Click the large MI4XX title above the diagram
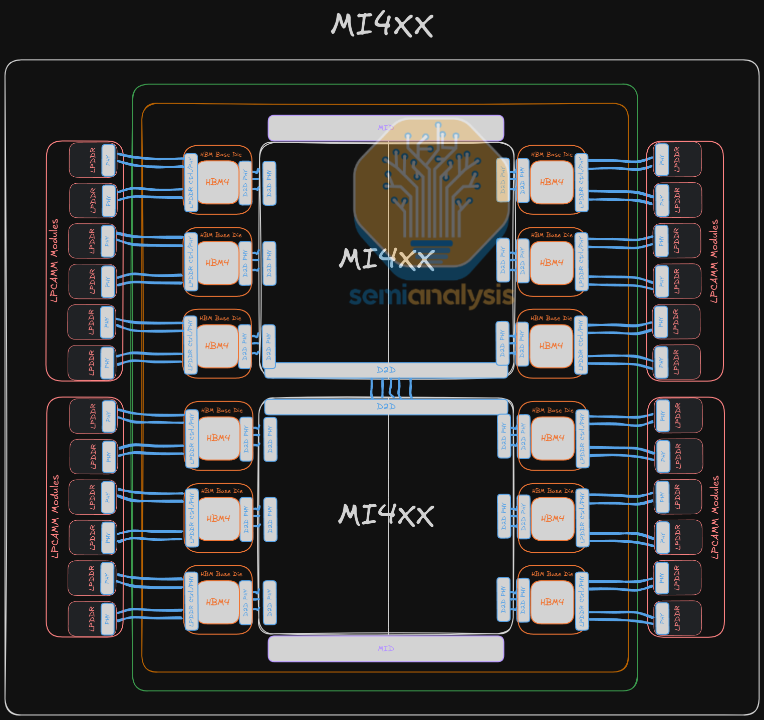tap(382, 25)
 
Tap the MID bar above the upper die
tap(386, 128)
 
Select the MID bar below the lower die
tap(386, 648)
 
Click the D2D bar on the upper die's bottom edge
tap(386, 370)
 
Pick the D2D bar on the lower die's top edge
tap(386, 407)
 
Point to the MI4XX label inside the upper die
tap(386, 259)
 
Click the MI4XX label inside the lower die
tap(386, 515)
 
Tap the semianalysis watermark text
tap(431, 295)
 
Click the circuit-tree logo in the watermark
tap(431, 185)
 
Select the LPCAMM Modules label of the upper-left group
tap(54, 260)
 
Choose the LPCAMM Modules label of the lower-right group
tap(715, 517)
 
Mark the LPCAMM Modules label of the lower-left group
tap(55, 517)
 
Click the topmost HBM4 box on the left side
tap(217, 182)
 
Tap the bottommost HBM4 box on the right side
tap(552, 602)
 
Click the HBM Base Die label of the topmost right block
tap(552, 155)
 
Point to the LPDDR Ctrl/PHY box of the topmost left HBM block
tap(190, 183)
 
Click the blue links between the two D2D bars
tap(391, 388)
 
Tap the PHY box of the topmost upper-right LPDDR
tap(662, 160)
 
